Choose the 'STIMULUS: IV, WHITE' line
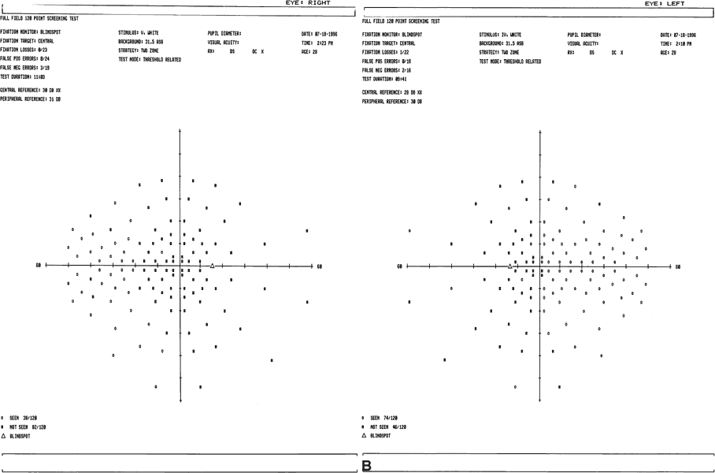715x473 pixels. pos(502,35)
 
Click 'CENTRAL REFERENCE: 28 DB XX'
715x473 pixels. pos(392,92)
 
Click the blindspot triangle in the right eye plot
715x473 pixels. pos(212,266)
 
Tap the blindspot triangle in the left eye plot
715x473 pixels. pos(509,266)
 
